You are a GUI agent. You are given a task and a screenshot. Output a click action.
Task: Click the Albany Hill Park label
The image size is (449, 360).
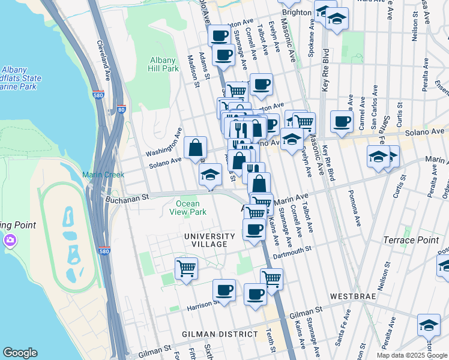click(x=163, y=64)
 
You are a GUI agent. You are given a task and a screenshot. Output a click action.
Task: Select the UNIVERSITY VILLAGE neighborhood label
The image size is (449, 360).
click(x=206, y=240)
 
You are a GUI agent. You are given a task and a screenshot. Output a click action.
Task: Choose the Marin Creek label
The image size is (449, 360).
click(x=103, y=175)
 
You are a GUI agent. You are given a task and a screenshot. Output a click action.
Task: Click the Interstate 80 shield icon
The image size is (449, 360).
click(x=122, y=109)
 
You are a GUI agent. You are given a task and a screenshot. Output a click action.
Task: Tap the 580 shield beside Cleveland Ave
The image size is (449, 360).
click(x=98, y=95)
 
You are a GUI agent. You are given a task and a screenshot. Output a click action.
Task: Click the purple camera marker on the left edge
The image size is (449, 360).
click(x=10, y=241)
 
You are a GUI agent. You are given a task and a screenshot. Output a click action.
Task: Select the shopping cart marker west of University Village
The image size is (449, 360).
click(x=186, y=268)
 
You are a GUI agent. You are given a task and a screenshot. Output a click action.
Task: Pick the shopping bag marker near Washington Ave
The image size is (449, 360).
click(x=196, y=148)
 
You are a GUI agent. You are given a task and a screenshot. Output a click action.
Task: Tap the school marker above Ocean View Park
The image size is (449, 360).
click(x=211, y=176)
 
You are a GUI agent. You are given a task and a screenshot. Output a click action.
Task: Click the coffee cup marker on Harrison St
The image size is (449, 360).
click(x=224, y=291)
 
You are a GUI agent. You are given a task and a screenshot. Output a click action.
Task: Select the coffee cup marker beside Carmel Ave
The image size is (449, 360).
click(x=342, y=122)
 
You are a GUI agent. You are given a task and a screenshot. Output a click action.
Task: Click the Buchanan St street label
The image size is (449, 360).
click(x=127, y=197)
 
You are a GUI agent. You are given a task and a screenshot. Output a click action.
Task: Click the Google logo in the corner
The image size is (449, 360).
click(x=20, y=353)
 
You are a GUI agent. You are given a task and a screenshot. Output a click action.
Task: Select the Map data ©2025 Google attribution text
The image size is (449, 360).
click(x=411, y=355)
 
